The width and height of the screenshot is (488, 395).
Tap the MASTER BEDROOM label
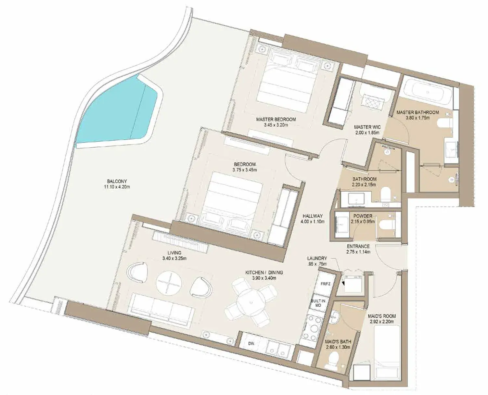pos(276,119)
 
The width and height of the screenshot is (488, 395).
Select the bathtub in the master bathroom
pos(428,92)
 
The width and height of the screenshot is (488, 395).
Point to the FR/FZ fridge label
pos(325,284)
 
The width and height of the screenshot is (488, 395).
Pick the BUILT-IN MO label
pos(318,303)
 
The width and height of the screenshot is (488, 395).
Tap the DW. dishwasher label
pos(251,343)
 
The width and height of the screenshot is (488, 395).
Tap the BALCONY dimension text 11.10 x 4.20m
pos(117,187)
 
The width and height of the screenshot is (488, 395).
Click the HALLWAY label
pos(313,216)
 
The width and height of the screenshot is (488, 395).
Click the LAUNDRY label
pos(317,258)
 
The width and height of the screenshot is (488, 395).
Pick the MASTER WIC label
pos(367,127)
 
